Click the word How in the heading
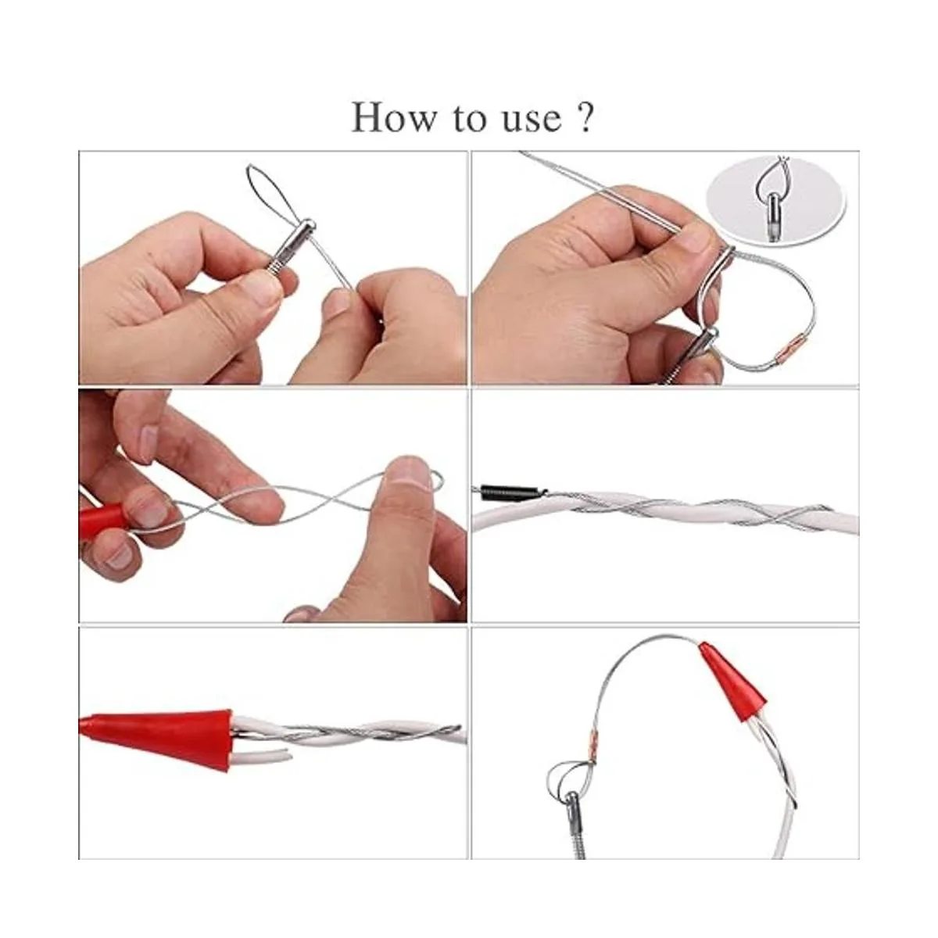tap(394, 117)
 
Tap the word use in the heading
tap(532, 120)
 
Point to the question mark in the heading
tap(585, 117)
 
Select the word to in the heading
tap(471, 119)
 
